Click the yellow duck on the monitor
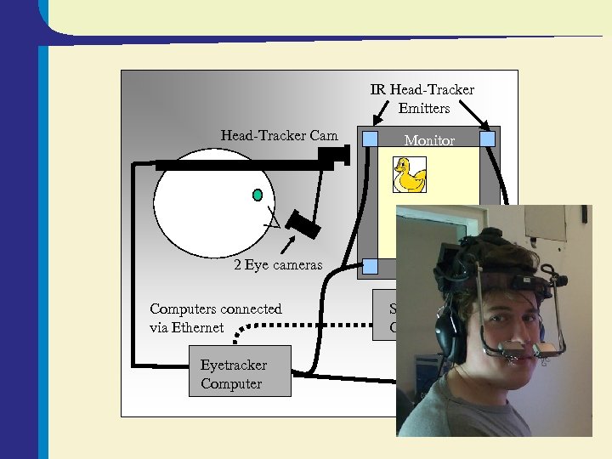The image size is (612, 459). tap(410, 175)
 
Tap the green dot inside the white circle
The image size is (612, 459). tap(257, 195)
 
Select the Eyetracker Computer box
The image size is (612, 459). tap(240, 371)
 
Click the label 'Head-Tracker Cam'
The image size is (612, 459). tap(279, 135)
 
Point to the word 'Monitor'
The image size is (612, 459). tap(429, 141)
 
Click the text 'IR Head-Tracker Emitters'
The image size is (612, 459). tap(422, 99)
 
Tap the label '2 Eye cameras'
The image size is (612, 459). tap(278, 265)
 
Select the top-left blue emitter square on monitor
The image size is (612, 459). tap(370, 138)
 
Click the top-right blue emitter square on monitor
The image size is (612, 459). tap(487, 138)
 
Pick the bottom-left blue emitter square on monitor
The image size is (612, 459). tap(370, 266)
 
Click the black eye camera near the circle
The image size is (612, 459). tap(302, 224)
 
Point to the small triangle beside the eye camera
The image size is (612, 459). tap(273, 223)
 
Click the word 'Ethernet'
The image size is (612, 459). tap(196, 327)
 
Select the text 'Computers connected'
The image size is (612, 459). tap(215, 309)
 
